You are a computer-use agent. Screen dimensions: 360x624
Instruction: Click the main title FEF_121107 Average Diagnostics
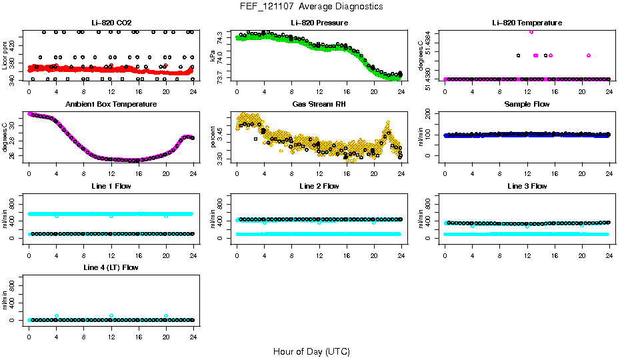tap(312, 6)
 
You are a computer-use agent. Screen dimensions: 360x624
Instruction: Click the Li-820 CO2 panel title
tap(111, 23)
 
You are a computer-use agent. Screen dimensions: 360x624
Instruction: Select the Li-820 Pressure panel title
tap(319, 23)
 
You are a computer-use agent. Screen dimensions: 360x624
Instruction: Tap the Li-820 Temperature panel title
tap(527, 23)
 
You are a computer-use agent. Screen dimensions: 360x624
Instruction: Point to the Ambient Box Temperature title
tap(111, 104)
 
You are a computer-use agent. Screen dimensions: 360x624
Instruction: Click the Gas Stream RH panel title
tap(319, 104)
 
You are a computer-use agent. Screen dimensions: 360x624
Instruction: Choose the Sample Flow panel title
tap(527, 104)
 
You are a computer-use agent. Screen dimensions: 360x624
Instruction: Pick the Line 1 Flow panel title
tap(111, 185)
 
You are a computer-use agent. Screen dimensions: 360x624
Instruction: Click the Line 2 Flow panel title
tap(319, 185)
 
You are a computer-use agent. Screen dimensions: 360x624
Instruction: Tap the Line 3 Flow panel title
tap(527, 185)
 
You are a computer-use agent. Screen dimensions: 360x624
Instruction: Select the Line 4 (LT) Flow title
tap(111, 267)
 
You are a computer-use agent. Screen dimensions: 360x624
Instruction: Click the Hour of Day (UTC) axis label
tap(311, 351)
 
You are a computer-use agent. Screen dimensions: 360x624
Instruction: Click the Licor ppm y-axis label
tap(5, 55)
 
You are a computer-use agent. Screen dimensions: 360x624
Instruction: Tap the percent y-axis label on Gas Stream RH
tap(213, 137)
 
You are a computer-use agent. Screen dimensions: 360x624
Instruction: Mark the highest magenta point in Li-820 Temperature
tap(531, 31)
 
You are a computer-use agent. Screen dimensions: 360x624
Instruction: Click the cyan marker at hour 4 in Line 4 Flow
tap(57, 316)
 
